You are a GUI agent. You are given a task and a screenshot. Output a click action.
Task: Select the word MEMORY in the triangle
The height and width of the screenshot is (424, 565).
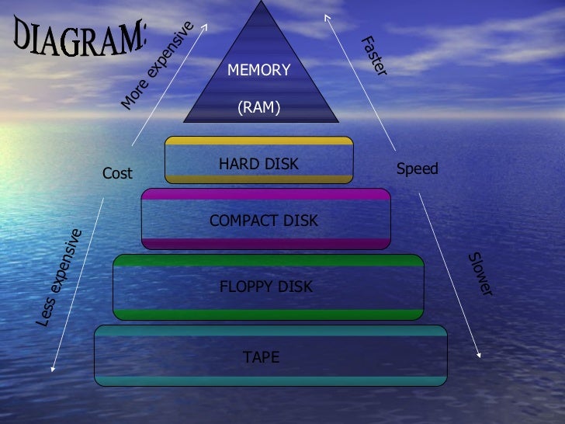(258, 71)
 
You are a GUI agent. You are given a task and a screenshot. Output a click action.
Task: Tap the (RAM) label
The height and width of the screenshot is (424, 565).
(258, 109)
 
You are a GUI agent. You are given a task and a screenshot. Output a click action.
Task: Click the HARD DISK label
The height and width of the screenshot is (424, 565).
(258, 164)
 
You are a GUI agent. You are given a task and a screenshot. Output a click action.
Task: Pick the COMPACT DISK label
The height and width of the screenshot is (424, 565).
(264, 221)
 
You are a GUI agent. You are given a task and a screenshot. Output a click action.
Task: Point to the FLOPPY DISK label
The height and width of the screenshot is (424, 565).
(266, 287)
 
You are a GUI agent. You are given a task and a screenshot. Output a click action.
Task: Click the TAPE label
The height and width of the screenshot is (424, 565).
(261, 357)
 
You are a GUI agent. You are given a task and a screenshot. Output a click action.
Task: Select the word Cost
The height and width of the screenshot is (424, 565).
(118, 173)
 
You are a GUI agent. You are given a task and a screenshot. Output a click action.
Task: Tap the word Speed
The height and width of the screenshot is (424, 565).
(418, 169)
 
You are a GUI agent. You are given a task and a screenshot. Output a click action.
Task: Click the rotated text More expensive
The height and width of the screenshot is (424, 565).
(157, 65)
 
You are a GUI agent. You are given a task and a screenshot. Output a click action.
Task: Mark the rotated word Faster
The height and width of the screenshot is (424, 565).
(373, 55)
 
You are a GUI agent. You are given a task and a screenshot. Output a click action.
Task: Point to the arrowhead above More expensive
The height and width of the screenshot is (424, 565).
(206, 24)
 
